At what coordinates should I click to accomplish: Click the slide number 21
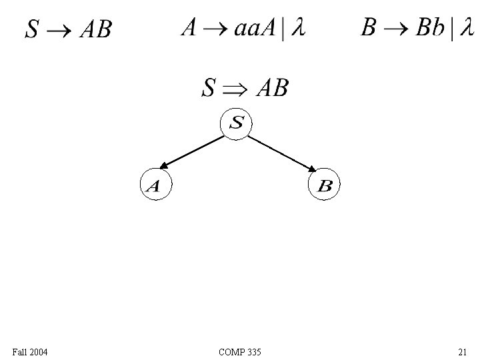(462, 351)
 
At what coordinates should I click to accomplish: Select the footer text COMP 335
(239, 351)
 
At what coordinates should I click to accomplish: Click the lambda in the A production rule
(298, 29)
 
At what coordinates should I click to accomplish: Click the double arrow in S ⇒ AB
(236, 89)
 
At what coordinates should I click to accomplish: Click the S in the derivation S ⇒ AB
(209, 88)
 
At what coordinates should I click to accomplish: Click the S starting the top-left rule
(33, 30)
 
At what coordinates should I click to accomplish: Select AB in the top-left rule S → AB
(95, 30)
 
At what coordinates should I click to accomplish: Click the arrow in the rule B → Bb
(395, 30)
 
